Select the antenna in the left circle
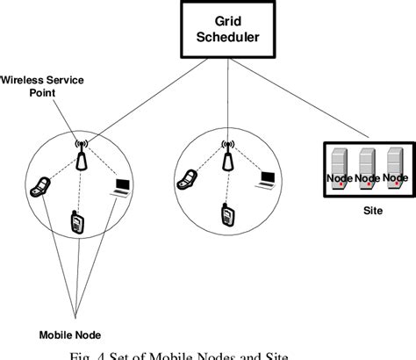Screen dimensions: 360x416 click(82, 155)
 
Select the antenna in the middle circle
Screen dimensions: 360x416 click(227, 155)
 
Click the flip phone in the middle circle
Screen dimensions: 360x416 click(186, 179)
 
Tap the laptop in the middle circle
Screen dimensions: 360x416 click(266, 179)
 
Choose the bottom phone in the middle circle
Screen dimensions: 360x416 click(226, 213)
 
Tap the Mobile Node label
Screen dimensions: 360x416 click(70, 334)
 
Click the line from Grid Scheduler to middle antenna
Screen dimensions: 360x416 click(230, 97)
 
